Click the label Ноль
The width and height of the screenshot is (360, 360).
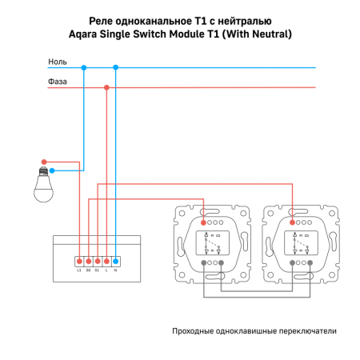(x=58, y=62)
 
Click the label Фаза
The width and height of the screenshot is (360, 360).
(x=58, y=82)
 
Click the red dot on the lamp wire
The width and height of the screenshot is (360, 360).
(x=46, y=162)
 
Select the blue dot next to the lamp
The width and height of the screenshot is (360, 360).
(x=52, y=170)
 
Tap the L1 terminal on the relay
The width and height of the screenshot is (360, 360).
(x=78, y=261)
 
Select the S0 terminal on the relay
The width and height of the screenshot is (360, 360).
(x=88, y=261)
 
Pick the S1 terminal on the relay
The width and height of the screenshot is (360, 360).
(x=97, y=261)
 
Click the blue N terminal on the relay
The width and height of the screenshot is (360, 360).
(x=116, y=261)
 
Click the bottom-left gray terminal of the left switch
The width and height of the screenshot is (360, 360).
(x=203, y=262)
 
